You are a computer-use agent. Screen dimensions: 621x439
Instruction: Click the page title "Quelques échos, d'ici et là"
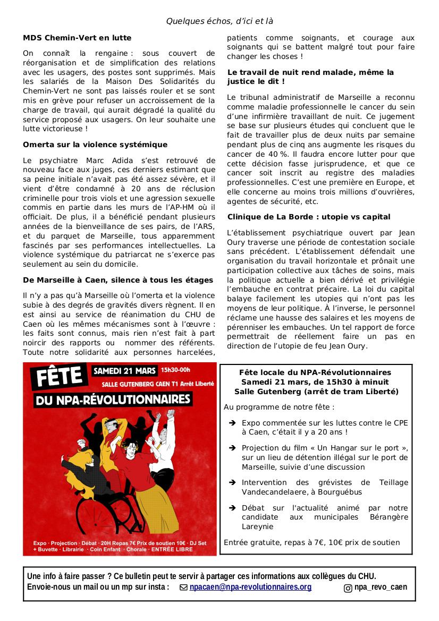tap(219, 21)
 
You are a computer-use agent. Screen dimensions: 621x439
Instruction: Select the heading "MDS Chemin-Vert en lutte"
tap(77, 38)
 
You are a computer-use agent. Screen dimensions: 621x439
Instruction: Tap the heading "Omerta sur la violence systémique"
tap(95, 144)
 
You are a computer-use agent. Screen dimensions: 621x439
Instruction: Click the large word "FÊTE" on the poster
tap(58, 379)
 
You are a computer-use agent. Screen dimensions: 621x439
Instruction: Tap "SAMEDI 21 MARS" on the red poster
tap(125, 371)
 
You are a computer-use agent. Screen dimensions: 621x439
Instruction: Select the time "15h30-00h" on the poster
tap(175, 370)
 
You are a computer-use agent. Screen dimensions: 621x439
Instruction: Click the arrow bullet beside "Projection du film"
tap(232, 448)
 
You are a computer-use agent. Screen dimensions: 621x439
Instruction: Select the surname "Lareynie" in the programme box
tap(258, 526)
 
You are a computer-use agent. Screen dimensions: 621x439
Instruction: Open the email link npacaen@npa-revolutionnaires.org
tap(250, 587)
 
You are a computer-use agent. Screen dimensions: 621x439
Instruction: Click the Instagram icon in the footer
tap(348, 588)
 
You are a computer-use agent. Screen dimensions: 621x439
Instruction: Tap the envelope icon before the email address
tap(183, 588)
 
